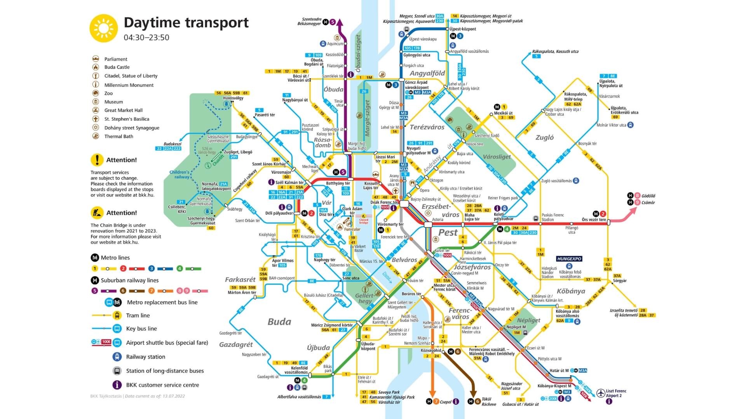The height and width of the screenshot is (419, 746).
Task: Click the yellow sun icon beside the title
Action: click(x=103, y=28)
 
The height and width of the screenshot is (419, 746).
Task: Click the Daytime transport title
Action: click(x=186, y=23)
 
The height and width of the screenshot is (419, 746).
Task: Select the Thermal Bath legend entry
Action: click(x=119, y=137)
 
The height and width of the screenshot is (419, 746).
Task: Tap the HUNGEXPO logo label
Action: click(x=569, y=259)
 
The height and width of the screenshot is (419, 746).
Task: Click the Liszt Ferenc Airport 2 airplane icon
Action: click(x=601, y=393)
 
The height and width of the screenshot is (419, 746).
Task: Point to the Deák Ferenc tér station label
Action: click(x=384, y=202)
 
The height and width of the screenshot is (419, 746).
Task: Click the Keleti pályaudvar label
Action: click(x=504, y=216)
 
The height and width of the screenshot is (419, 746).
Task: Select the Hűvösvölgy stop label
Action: click(x=233, y=98)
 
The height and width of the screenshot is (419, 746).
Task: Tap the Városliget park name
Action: click(x=497, y=157)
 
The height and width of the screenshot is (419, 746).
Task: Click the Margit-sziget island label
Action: click(x=367, y=118)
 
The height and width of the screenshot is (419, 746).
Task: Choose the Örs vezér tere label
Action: click(x=594, y=220)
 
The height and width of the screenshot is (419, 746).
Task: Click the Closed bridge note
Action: click(x=364, y=221)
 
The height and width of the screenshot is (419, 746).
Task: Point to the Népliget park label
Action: click(x=528, y=320)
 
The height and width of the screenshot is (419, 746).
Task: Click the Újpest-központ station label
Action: click(x=463, y=29)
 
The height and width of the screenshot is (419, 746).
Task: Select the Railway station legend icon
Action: click(x=117, y=357)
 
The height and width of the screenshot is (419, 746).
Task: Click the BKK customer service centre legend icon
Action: click(x=117, y=385)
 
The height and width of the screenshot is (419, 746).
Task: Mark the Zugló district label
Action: click(x=544, y=137)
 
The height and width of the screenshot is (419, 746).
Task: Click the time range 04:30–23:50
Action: click(x=146, y=38)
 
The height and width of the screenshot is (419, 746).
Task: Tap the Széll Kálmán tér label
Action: click(x=289, y=182)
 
